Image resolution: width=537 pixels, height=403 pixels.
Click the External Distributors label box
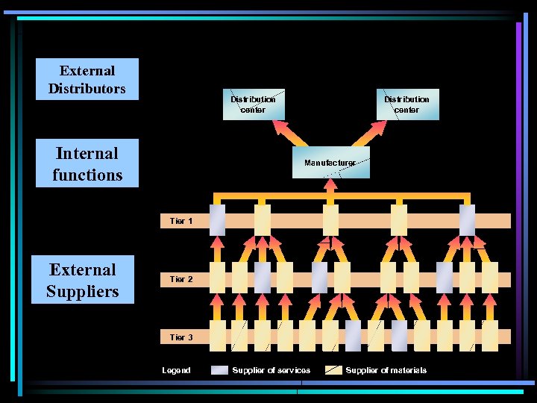[88, 79]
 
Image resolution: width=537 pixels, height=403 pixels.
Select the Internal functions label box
[87, 163]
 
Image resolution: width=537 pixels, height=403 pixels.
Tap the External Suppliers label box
[83, 280]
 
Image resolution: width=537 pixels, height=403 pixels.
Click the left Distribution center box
[253, 104]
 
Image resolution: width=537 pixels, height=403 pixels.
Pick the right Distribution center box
[406, 104]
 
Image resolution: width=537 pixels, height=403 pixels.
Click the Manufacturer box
[329, 163]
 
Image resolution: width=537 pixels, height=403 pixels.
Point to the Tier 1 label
[181, 221]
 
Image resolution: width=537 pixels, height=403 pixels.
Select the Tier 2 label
[181, 279]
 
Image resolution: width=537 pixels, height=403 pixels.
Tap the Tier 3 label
[181, 337]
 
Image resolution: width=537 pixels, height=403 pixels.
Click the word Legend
[176, 370]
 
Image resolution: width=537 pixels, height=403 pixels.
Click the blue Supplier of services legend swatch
[219, 370]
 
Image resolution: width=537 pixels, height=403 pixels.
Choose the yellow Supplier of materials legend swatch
[333, 370]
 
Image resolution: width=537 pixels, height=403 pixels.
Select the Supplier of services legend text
[271, 370]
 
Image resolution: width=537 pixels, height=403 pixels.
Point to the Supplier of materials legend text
[386, 370]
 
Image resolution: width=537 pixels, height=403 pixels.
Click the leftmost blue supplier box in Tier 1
[217, 220]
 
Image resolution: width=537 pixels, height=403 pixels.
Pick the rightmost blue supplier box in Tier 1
[467, 220]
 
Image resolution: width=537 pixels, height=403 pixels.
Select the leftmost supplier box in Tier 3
[217, 337]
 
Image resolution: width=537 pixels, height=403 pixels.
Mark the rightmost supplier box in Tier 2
[489, 278]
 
